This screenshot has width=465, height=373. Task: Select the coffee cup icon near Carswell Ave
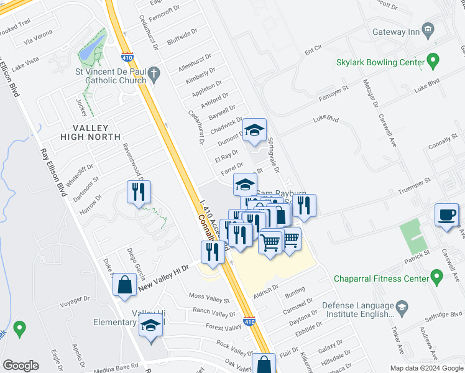tap(446, 215)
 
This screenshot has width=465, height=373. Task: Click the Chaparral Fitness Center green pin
tap(436, 275)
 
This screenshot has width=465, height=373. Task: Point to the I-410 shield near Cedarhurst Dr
tap(127, 56)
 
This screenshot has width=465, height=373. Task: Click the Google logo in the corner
tap(21, 365)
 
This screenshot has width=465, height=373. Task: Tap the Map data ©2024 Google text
tap(426, 368)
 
